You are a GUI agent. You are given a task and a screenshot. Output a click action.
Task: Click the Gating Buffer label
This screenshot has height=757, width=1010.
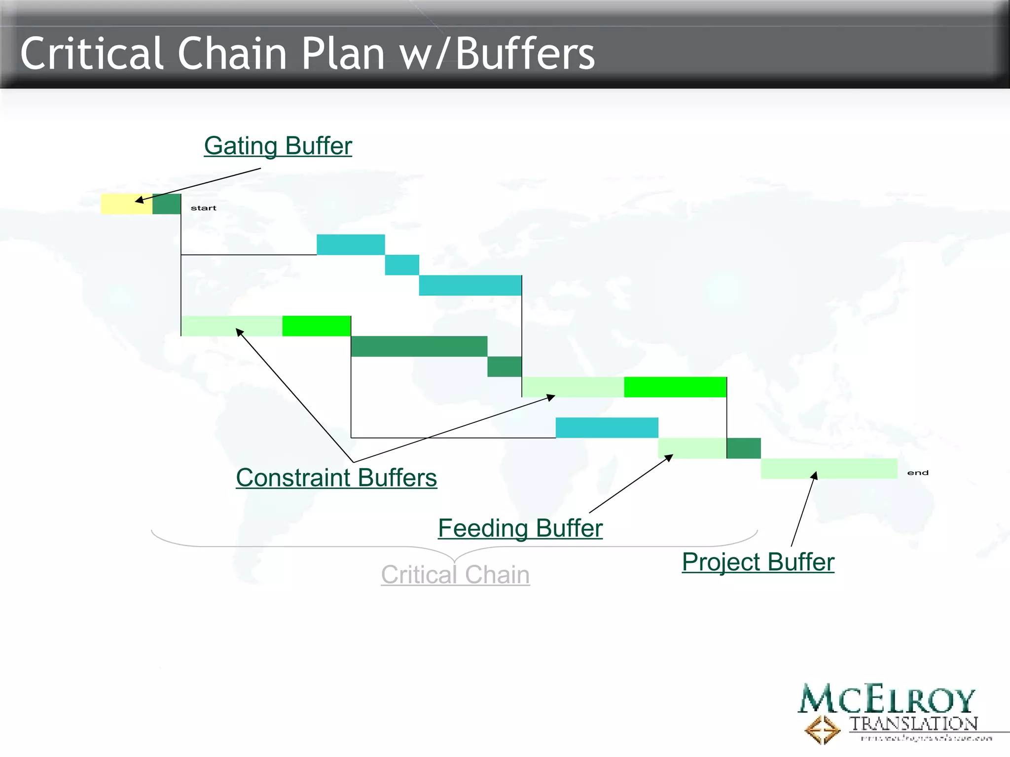coord(278,146)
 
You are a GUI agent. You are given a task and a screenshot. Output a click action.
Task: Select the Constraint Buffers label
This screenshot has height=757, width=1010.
coord(336,478)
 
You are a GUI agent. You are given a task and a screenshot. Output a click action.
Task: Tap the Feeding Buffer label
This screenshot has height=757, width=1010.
coord(520,528)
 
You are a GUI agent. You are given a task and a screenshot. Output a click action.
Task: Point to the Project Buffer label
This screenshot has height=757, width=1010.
coord(758,562)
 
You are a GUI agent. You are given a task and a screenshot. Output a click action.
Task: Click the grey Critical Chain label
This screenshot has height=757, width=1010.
coord(455,575)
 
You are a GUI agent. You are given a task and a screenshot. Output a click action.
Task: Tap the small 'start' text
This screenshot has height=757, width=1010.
coord(203,208)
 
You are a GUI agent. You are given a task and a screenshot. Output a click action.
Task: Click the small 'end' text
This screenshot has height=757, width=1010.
coord(918,473)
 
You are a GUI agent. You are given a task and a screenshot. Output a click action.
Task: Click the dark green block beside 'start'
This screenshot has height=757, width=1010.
coord(167,204)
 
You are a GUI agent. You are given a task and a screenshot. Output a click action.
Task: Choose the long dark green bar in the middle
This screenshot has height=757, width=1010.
coord(419,346)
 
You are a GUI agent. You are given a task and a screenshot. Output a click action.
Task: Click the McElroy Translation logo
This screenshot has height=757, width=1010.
coord(888,712)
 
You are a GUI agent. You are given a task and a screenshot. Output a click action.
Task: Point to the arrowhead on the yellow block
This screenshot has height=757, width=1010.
coord(140,200)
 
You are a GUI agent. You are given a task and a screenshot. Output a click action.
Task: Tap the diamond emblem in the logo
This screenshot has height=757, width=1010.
coord(822,730)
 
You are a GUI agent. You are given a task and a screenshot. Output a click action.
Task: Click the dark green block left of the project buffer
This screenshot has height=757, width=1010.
coord(744,448)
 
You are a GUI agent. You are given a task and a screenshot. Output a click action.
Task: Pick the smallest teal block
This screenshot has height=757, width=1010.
coord(402,265)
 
